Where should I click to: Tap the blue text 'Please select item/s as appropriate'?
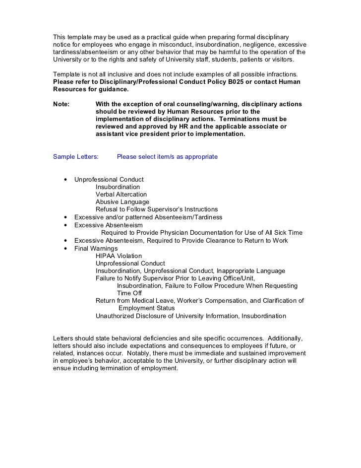click(167, 157)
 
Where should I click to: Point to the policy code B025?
click(250, 82)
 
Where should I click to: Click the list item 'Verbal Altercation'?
click(121, 195)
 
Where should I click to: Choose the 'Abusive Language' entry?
click(122, 202)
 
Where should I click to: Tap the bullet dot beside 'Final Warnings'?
click(65, 248)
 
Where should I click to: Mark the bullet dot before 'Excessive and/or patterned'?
click(65, 218)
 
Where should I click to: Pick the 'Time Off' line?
click(129, 293)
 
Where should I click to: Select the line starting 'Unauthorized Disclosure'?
click(190, 316)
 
